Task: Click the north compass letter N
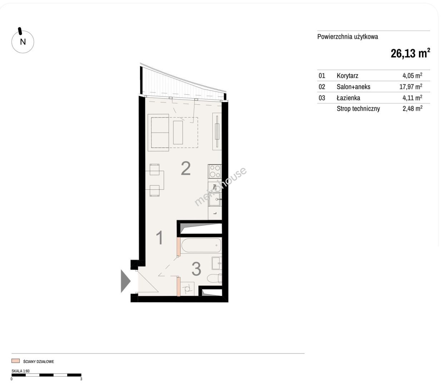pos(23,42)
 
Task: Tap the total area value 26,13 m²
pos(410,53)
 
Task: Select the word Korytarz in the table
pos(347,76)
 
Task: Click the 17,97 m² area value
pos(411,86)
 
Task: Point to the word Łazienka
pos(348,98)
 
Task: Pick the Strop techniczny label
pos(358,109)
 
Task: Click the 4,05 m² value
pos(412,75)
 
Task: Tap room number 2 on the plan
pos(186,168)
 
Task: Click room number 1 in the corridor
pos(160,238)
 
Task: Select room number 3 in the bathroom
pos(196,269)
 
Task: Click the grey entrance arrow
pos(125,281)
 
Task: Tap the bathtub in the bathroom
pos(201,246)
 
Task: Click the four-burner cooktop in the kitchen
pos(215,172)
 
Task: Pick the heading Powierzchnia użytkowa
pos(347,37)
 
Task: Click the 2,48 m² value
pos(413,109)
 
